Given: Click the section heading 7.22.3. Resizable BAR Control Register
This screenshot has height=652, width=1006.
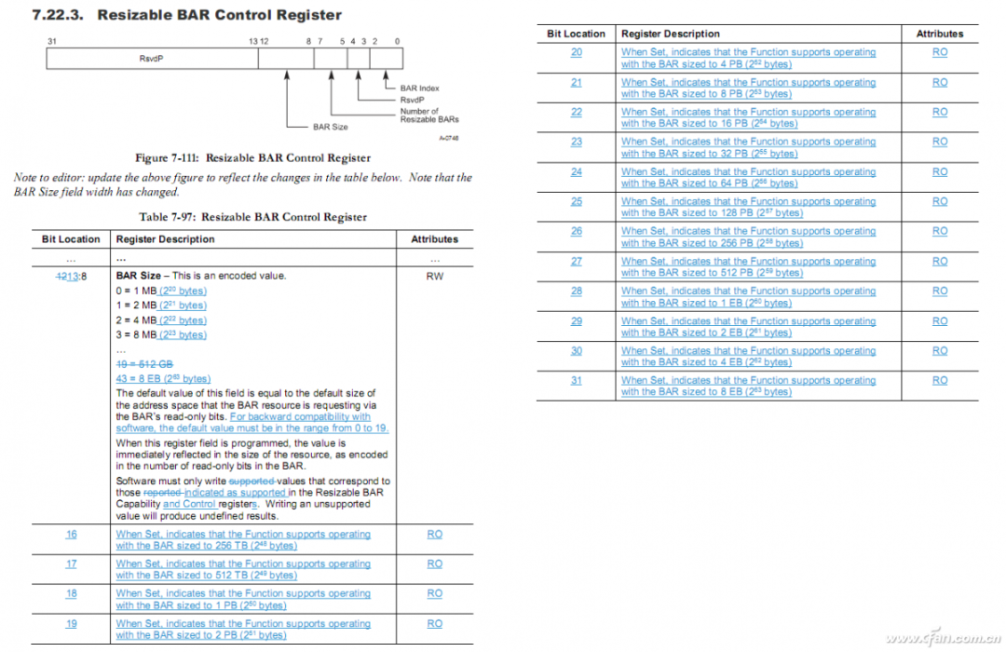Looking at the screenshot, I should [x=186, y=15].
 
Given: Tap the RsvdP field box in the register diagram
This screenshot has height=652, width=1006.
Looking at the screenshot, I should [x=151, y=58].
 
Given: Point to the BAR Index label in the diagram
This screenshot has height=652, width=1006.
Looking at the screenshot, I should [x=419, y=88].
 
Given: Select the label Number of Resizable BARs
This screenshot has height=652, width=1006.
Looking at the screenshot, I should [x=428, y=115].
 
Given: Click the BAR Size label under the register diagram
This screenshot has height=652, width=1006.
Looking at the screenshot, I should [x=331, y=127].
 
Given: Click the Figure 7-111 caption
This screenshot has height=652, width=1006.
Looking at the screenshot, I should [x=252, y=157].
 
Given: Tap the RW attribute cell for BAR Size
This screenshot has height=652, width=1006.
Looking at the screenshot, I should [x=434, y=276].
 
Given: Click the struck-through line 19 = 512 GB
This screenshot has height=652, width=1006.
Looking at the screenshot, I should [x=144, y=364].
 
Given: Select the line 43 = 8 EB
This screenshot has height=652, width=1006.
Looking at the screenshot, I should [x=163, y=379].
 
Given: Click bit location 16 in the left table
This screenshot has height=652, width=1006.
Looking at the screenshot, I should [x=71, y=535].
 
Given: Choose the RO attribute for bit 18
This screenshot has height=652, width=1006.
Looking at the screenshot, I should [x=434, y=593].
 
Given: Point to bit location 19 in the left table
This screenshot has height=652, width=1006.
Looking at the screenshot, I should [x=71, y=624].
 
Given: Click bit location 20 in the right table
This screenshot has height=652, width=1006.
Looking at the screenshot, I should [x=577, y=52].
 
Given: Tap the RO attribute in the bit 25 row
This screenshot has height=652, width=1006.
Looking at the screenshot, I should [x=940, y=201].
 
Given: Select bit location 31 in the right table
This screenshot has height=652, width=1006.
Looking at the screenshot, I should [x=577, y=380].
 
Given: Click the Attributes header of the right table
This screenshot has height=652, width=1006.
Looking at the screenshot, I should [x=940, y=34].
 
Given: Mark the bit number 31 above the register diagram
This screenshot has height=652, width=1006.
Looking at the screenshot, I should [x=52, y=41].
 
